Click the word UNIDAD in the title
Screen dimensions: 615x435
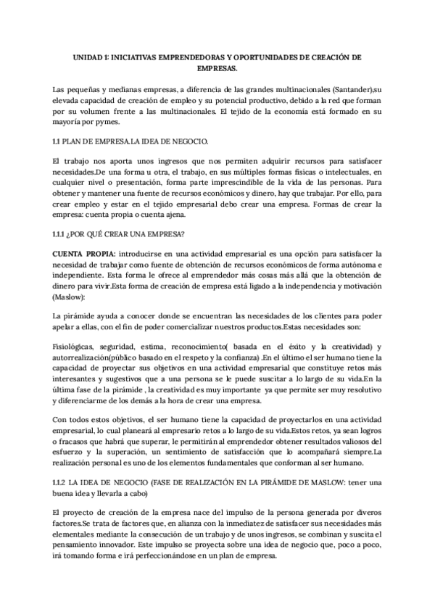point(90,57)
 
